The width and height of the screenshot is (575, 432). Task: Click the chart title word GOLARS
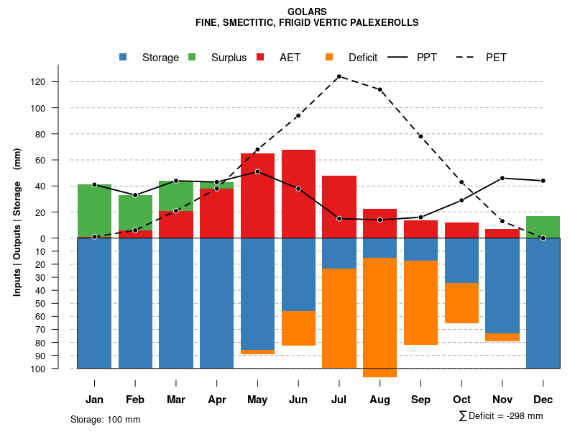pyautogui.click(x=307, y=12)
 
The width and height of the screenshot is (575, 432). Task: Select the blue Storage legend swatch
pyautogui.click(x=124, y=57)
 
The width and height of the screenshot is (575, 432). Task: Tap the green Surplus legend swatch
pyautogui.click(x=192, y=57)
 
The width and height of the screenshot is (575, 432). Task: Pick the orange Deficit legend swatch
pyautogui.click(x=329, y=57)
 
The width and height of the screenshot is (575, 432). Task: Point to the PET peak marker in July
pyautogui.click(x=339, y=76)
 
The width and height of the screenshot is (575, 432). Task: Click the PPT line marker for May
pyautogui.click(x=257, y=171)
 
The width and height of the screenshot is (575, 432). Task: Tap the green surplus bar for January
pyautogui.click(x=94, y=210)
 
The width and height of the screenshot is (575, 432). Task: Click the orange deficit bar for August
pyautogui.click(x=379, y=317)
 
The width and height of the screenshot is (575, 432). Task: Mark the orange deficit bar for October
pyautogui.click(x=461, y=303)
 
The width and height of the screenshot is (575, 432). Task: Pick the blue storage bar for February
pyautogui.click(x=135, y=302)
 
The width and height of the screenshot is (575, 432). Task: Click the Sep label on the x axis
pyautogui.click(x=420, y=400)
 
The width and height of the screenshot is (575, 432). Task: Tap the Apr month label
pyautogui.click(x=216, y=400)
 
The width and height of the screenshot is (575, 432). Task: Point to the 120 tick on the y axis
pyautogui.click(x=58, y=82)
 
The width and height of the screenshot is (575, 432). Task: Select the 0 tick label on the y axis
pyautogui.click(x=64, y=238)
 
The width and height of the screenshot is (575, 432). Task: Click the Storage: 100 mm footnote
pyautogui.click(x=105, y=419)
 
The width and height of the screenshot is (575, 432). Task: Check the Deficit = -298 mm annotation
pyautogui.click(x=501, y=416)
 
